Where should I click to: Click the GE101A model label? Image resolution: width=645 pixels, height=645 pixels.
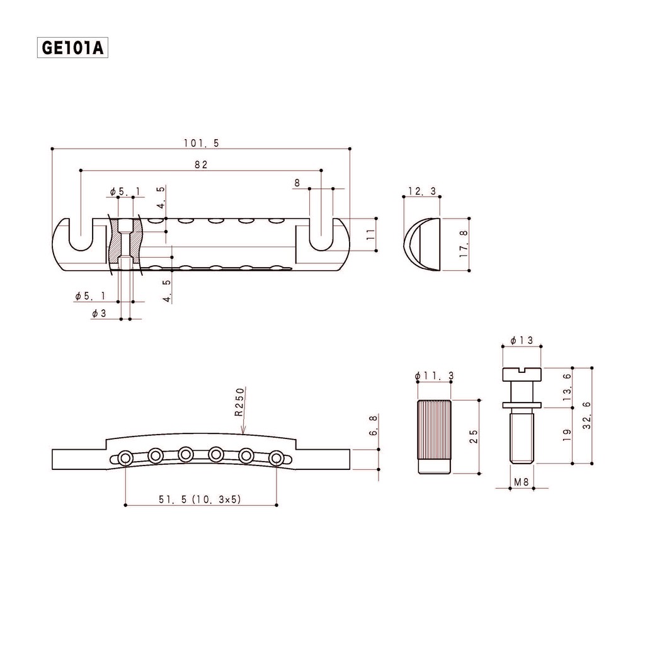click(x=72, y=48)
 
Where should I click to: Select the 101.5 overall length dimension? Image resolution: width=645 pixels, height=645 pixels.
click(x=201, y=143)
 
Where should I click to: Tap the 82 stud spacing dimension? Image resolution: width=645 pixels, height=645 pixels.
click(x=201, y=164)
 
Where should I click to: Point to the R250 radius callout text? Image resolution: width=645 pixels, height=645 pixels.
click(x=239, y=402)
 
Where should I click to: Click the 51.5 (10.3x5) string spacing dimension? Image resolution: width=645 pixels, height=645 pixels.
click(x=200, y=499)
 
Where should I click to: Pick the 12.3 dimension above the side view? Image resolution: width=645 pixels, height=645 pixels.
click(x=422, y=191)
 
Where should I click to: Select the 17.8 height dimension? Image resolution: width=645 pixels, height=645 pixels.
click(x=464, y=244)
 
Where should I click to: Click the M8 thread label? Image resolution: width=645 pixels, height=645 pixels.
click(x=521, y=482)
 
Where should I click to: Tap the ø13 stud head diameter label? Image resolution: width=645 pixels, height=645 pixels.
click(x=522, y=341)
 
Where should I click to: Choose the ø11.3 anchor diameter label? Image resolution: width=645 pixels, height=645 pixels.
click(x=435, y=375)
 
